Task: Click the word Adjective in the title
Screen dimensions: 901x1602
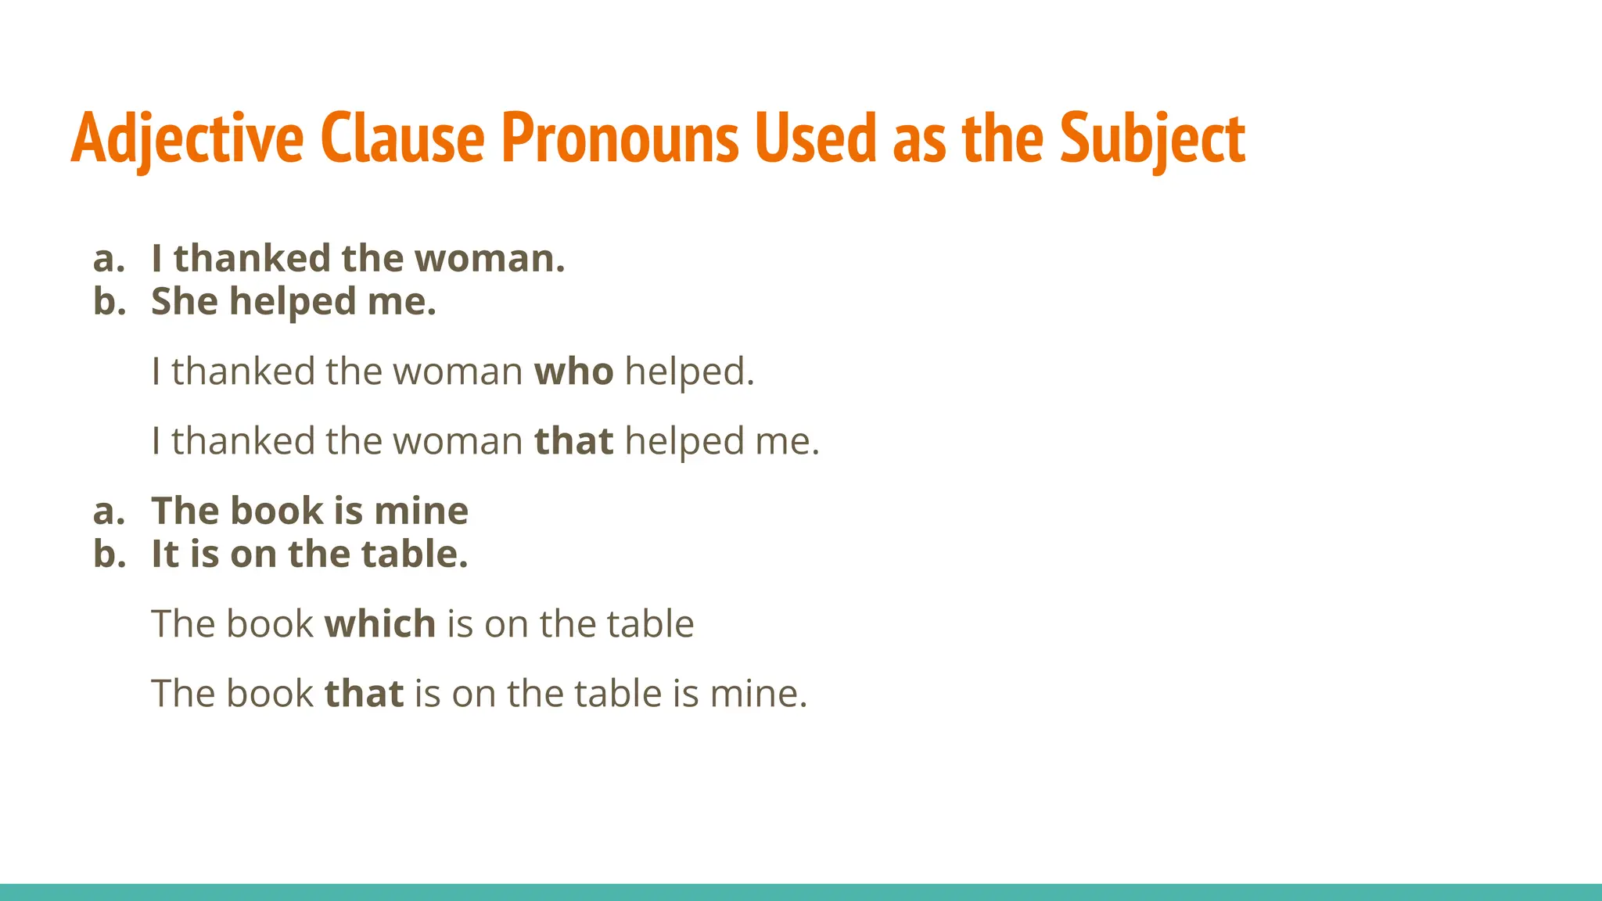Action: (x=187, y=138)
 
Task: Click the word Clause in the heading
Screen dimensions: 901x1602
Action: (x=402, y=138)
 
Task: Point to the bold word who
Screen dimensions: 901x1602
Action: (x=573, y=371)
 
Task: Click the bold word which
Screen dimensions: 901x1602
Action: (x=380, y=623)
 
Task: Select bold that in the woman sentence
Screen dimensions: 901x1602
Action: (x=573, y=440)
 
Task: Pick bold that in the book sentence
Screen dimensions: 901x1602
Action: (x=364, y=693)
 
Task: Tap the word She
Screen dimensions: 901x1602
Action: (x=184, y=301)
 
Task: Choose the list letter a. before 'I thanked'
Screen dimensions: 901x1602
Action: (x=109, y=258)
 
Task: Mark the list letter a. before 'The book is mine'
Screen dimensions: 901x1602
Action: (x=109, y=511)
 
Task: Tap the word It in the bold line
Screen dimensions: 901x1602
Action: (x=164, y=554)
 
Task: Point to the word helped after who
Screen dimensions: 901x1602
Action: (x=688, y=371)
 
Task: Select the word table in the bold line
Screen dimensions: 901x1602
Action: (x=414, y=554)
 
